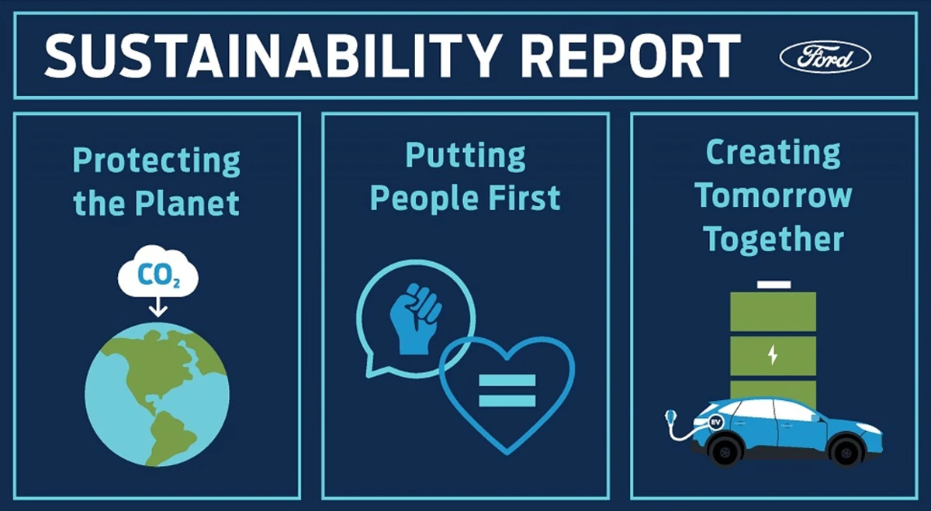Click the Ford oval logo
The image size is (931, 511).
tap(825, 57)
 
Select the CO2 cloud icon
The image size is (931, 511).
tap(158, 271)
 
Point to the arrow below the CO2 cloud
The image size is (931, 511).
tap(158, 307)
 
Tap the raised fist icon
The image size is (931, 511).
tap(416, 319)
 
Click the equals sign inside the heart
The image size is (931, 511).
tap(507, 391)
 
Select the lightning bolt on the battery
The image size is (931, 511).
tap(773, 355)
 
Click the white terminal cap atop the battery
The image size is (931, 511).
tap(774, 285)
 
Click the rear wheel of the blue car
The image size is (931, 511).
tap(725, 450)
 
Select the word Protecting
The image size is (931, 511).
tap(156, 161)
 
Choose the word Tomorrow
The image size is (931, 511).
tap(773, 195)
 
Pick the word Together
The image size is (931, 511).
tap(773, 239)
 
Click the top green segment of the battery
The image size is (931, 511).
tap(773, 312)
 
